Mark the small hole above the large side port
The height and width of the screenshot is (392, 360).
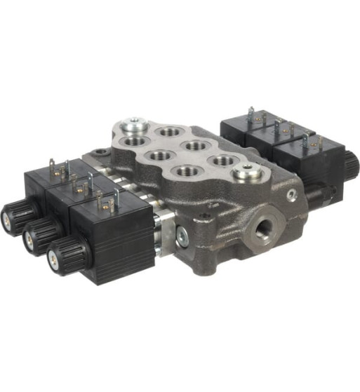tap(291, 196)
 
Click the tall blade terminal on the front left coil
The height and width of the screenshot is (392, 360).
tap(116, 198)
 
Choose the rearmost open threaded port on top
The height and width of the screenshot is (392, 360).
tap(169, 131)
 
